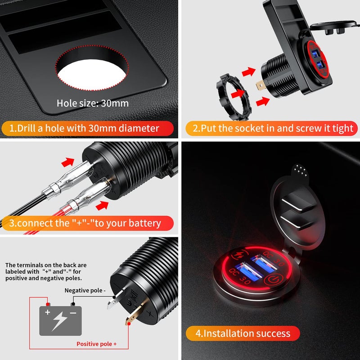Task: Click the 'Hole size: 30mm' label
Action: click(x=93, y=103)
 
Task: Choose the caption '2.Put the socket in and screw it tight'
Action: click(x=273, y=128)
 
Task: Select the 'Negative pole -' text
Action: click(x=85, y=291)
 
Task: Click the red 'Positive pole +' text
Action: click(x=96, y=344)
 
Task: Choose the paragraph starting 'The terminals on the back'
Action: click(x=46, y=272)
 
